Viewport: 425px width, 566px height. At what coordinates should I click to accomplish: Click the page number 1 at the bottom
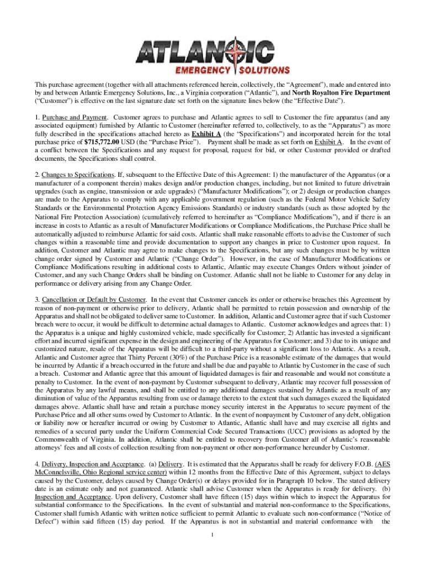(212, 535)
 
